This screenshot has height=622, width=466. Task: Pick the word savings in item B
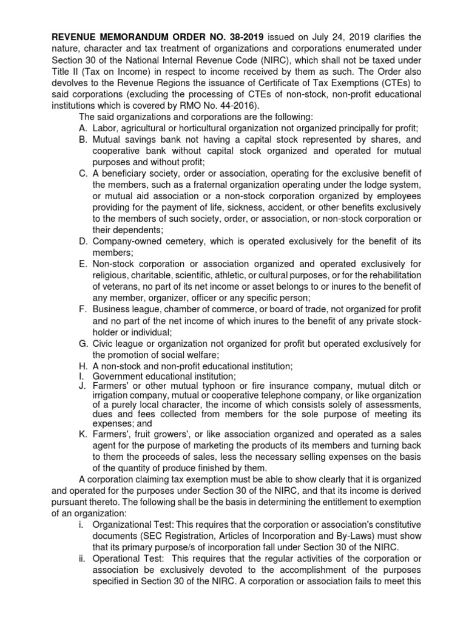[140, 139]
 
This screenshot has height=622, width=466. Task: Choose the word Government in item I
[120, 377]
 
